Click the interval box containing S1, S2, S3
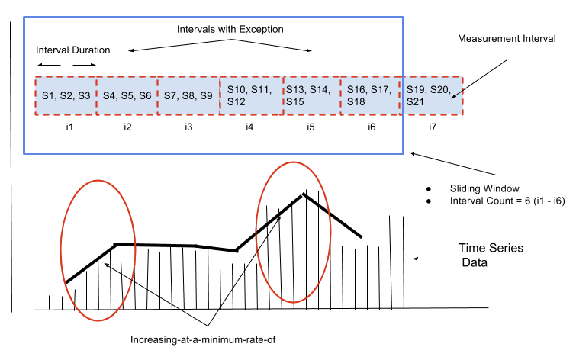tap(65, 95)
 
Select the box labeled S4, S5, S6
tap(127, 95)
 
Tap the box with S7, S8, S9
tap(188, 95)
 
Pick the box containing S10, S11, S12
tap(251, 95)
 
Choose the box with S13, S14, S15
tap(310, 95)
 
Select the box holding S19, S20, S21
tap(432, 95)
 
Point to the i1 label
tap(69, 127)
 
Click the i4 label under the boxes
tap(249, 127)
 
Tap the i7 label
tap(433, 127)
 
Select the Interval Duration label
tap(73, 50)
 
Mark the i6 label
tap(371, 127)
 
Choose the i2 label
tap(127, 127)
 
